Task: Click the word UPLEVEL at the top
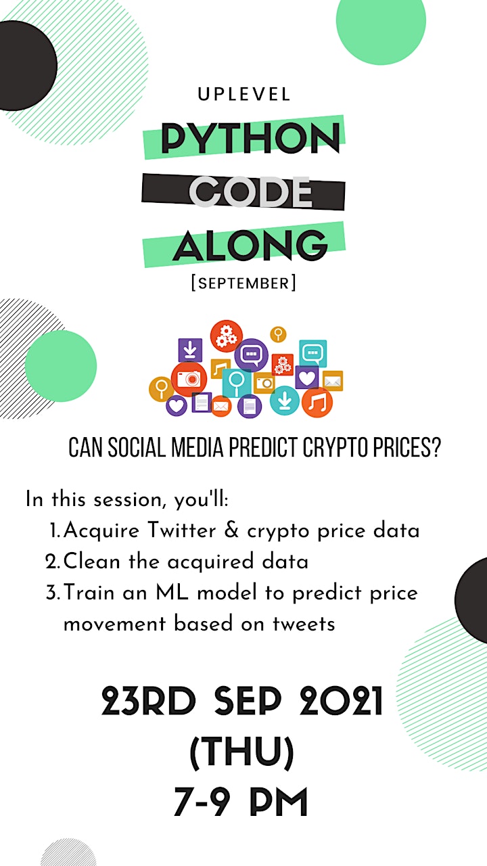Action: tap(244, 95)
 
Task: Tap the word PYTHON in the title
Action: tap(250, 138)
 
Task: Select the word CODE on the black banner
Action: tap(250, 191)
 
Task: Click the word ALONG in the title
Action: tap(250, 245)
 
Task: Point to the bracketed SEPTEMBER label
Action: tap(243, 283)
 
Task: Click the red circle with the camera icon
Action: tap(189, 380)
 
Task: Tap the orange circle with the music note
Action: tap(317, 403)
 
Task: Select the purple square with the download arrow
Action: tap(190, 350)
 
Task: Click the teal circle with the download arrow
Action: tap(285, 401)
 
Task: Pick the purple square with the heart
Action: tap(307, 378)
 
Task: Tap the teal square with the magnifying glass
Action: tap(237, 383)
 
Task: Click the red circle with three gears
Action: tap(227, 336)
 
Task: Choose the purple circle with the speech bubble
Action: tap(252, 354)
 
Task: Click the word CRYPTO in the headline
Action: tap(335, 448)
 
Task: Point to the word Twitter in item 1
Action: tap(182, 530)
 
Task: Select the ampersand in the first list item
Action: tap(231, 530)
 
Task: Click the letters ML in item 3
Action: tap(172, 592)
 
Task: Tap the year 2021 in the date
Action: tap(342, 700)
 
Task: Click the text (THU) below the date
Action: tap(242, 752)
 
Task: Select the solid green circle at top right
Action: tap(381, 20)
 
